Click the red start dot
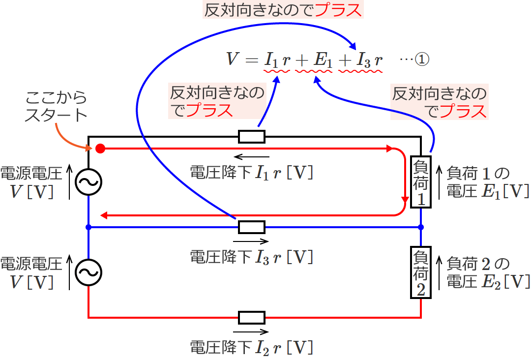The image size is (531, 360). pos(100,148)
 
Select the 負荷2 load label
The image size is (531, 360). pos(421,273)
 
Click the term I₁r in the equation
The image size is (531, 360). pos(278,60)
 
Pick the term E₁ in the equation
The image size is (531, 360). pos(322,60)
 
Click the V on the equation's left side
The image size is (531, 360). pos(232,60)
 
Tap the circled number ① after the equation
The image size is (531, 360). pos(422,60)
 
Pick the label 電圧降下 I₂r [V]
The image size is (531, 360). pos(251,347)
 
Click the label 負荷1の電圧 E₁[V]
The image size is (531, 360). pos(487,182)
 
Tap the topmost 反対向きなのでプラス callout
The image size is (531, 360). pos(283,11)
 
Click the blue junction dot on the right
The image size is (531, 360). pos(421,227)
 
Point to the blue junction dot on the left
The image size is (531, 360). pos(88,227)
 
